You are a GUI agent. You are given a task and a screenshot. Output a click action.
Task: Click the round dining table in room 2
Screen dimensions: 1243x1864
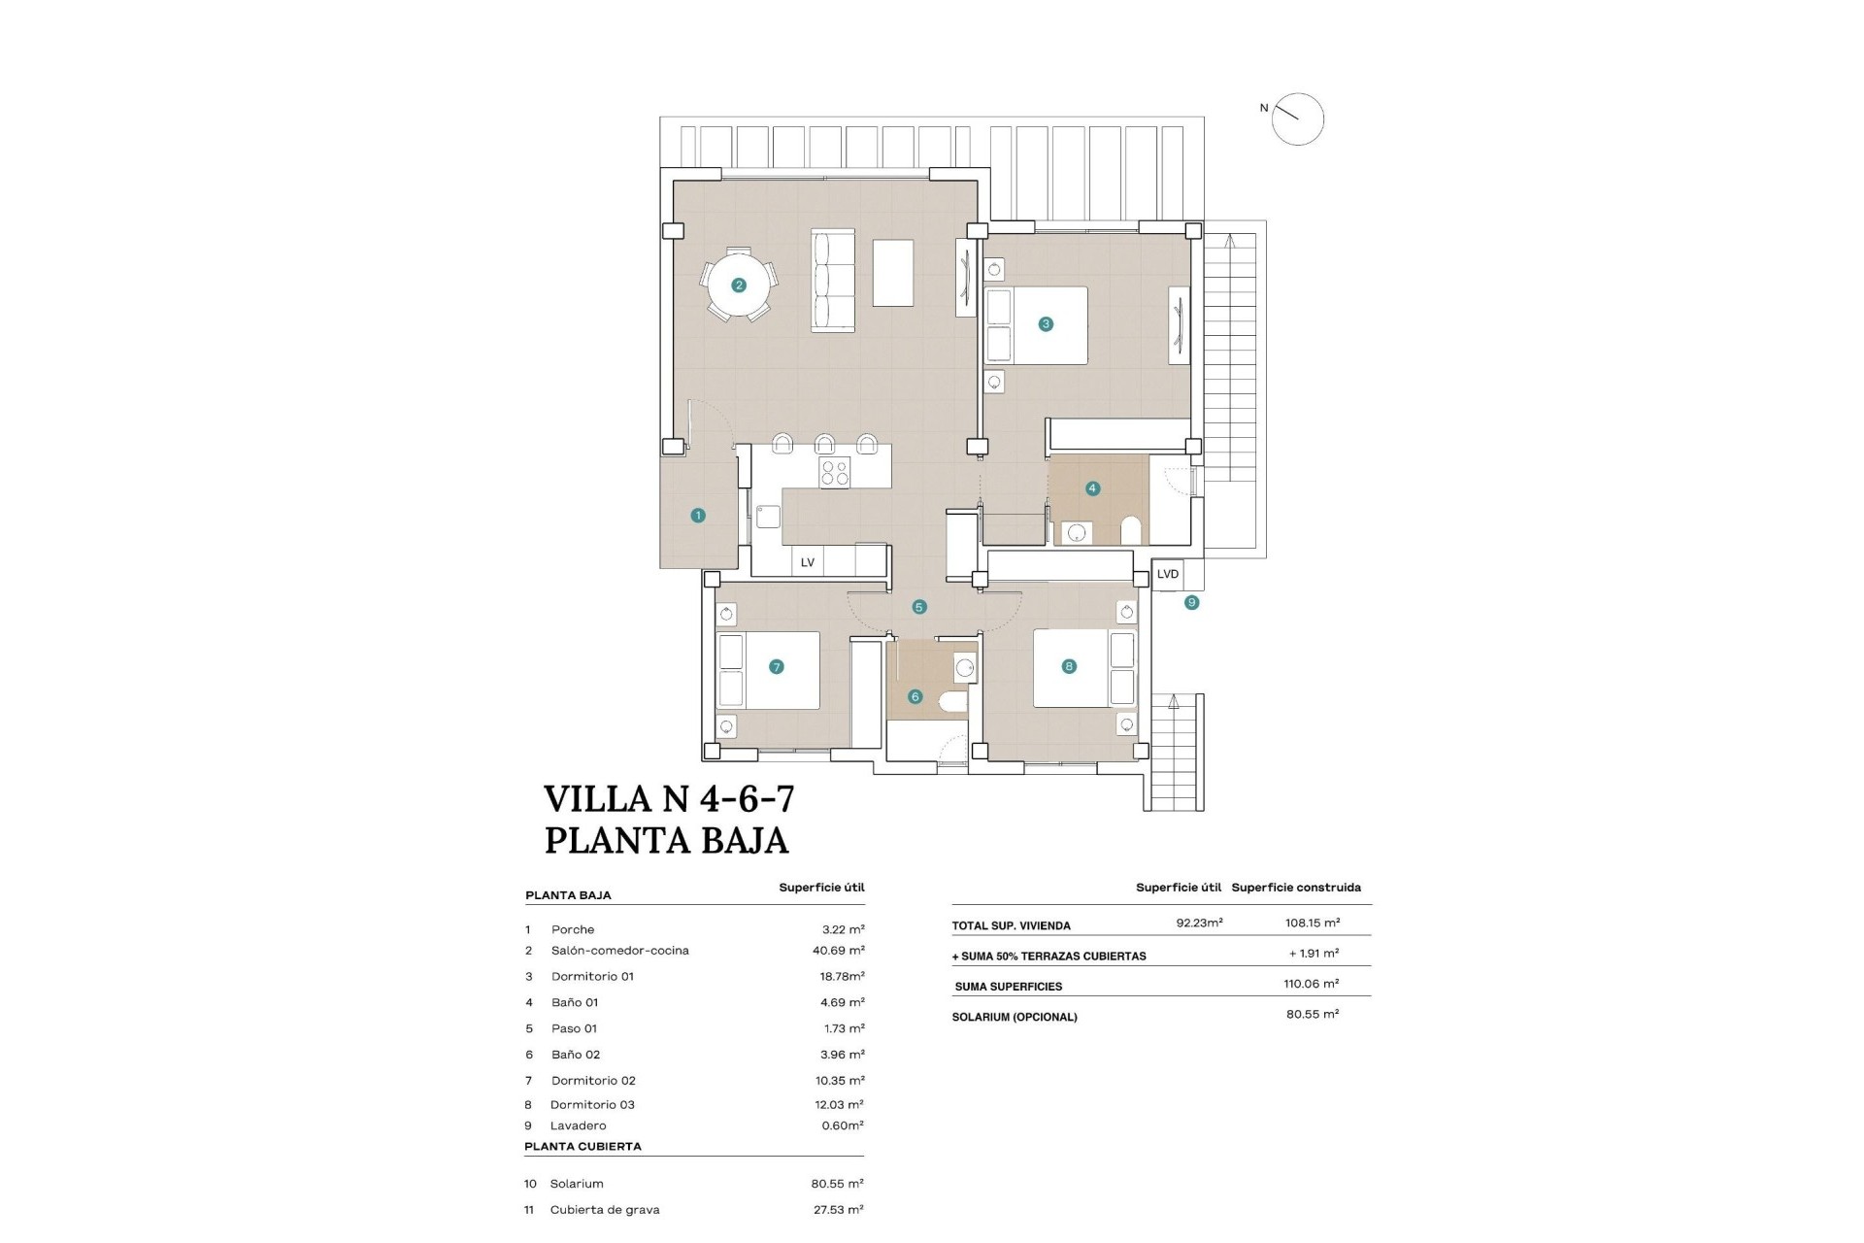pos(740,286)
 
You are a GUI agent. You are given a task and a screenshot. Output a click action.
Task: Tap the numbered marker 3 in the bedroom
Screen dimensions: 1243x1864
pos(1046,324)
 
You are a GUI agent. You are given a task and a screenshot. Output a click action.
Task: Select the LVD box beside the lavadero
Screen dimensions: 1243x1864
pos(1168,574)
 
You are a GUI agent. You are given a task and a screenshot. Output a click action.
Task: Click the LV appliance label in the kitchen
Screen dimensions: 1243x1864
pos(807,562)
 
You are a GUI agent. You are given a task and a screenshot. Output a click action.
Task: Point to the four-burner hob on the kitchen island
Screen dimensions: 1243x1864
pos(835,473)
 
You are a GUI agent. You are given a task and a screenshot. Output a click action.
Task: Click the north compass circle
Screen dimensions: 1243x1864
pos(1298,119)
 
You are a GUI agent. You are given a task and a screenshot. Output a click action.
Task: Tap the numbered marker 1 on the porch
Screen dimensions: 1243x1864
pos(698,516)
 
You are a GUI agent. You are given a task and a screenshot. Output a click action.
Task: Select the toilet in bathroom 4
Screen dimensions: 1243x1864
pos(1130,530)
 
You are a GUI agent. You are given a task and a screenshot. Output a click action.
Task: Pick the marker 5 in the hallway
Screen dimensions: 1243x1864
pos(918,608)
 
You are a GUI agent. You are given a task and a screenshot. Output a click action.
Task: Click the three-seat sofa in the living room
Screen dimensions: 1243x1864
pos(833,281)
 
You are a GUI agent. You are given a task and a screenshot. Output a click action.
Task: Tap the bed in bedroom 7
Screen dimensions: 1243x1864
pos(768,671)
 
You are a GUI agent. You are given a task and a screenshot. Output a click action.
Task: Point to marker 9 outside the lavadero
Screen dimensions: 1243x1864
pos(1191,603)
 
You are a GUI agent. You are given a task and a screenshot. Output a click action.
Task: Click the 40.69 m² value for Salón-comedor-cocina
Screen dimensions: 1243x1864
pos(839,951)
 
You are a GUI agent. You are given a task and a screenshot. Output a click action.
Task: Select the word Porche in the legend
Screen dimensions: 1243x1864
pos(573,929)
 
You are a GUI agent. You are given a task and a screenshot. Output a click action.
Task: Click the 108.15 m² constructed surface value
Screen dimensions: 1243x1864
pos(1311,923)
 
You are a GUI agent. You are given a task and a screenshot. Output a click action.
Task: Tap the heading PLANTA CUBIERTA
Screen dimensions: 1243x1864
pos(582,1146)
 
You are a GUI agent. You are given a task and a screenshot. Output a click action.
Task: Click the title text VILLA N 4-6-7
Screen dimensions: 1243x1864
pos(669,798)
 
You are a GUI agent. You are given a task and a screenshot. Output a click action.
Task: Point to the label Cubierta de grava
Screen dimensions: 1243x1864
pos(605,1210)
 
